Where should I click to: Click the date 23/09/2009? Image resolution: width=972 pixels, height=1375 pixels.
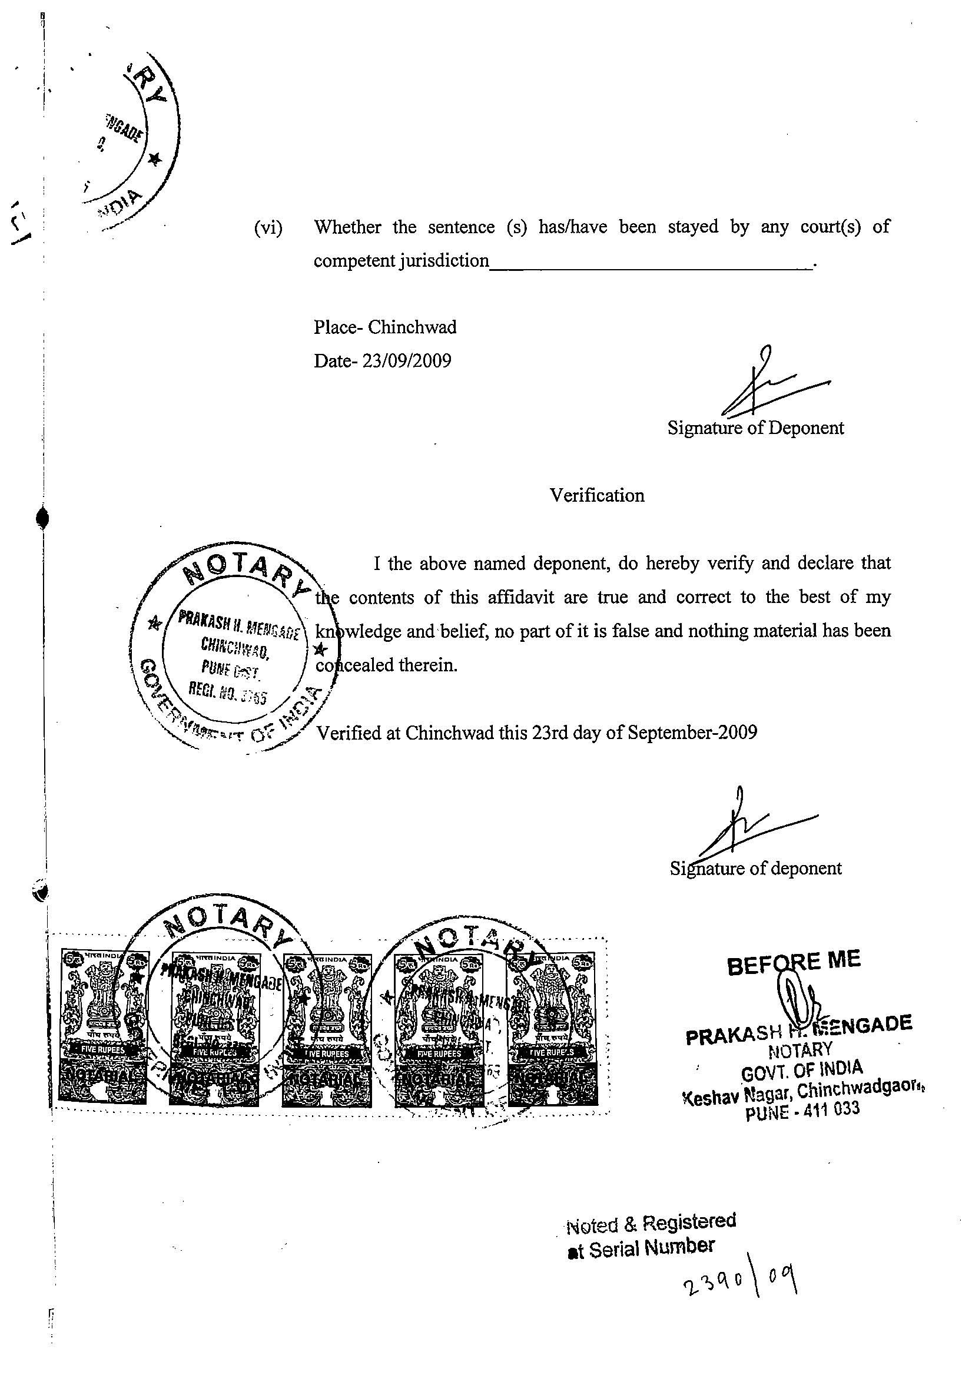[x=407, y=361]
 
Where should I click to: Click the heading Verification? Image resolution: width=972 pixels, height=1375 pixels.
[x=597, y=495]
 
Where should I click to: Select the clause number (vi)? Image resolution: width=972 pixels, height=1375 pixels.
[x=268, y=227]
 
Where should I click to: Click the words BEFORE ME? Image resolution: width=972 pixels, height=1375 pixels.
[x=794, y=962]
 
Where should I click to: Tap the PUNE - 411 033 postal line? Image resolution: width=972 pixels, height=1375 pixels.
[x=802, y=1112]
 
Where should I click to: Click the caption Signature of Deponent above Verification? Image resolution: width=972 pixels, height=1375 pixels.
[x=755, y=428]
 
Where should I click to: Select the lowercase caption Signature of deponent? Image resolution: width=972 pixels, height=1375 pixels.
[x=755, y=868]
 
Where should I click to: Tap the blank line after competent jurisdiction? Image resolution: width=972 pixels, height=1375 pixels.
[x=650, y=266]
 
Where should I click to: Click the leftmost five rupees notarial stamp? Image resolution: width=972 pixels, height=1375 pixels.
[x=103, y=1027]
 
